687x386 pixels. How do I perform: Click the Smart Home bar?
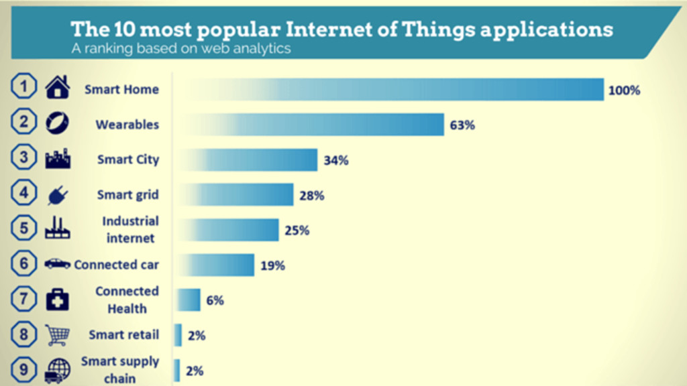point(392,89)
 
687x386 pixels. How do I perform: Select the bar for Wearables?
point(312,125)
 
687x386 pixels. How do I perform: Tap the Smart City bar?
point(248,160)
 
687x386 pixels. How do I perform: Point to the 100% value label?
point(624,90)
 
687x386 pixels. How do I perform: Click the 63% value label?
point(462,125)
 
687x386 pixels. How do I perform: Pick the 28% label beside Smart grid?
point(312,196)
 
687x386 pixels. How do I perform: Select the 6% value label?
point(215,300)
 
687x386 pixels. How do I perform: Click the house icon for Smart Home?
point(57,88)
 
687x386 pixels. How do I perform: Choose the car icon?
point(57,264)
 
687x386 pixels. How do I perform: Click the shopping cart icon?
point(57,334)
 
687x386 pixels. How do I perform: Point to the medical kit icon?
point(57,300)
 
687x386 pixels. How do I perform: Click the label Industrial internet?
point(130,229)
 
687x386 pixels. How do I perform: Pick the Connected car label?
point(116,265)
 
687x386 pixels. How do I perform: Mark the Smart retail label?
point(123,334)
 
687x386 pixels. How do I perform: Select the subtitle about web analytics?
point(181,49)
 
